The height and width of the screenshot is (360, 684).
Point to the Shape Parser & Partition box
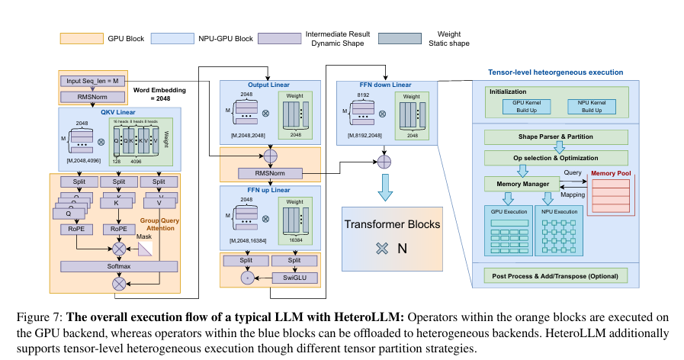(555, 137)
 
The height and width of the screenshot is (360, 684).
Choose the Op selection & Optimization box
(555, 156)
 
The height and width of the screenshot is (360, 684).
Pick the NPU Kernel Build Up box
(586, 106)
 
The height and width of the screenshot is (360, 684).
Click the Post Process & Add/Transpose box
(555, 275)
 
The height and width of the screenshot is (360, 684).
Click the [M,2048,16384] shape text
(248, 240)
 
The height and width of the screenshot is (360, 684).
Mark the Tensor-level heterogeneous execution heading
(555, 72)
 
